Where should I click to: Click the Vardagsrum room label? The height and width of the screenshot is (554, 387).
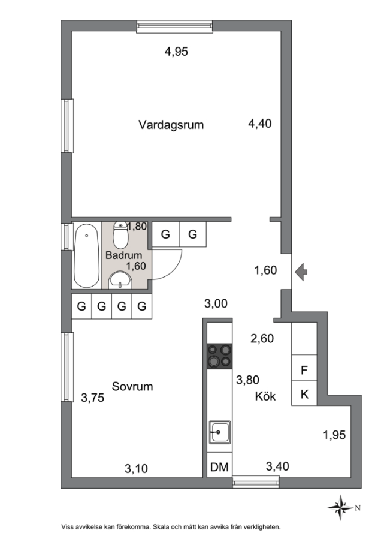coord(171,125)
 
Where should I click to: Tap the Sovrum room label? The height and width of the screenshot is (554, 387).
coord(132,386)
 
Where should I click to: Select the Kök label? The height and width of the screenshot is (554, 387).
coord(265,396)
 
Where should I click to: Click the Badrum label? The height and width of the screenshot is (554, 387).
coord(123,255)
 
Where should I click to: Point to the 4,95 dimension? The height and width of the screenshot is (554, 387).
coord(176,52)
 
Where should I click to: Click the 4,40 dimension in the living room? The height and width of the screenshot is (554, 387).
coord(260,124)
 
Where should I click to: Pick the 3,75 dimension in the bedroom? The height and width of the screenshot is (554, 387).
coord(92,398)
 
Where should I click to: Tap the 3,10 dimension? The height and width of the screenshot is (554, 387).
coord(136,469)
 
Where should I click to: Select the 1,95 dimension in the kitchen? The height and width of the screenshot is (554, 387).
coord(334,435)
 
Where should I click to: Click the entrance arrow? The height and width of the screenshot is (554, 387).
coord(301,272)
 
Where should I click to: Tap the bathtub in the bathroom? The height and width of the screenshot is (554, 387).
coord(86,256)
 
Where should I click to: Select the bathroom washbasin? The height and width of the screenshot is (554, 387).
coord(120,281)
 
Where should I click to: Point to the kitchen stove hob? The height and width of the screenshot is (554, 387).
coord(220,356)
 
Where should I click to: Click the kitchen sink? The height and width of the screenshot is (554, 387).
coord(220,432)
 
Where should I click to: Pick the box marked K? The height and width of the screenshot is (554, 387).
coord(304,393)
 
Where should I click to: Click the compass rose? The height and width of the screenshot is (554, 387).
coord(341,508)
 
